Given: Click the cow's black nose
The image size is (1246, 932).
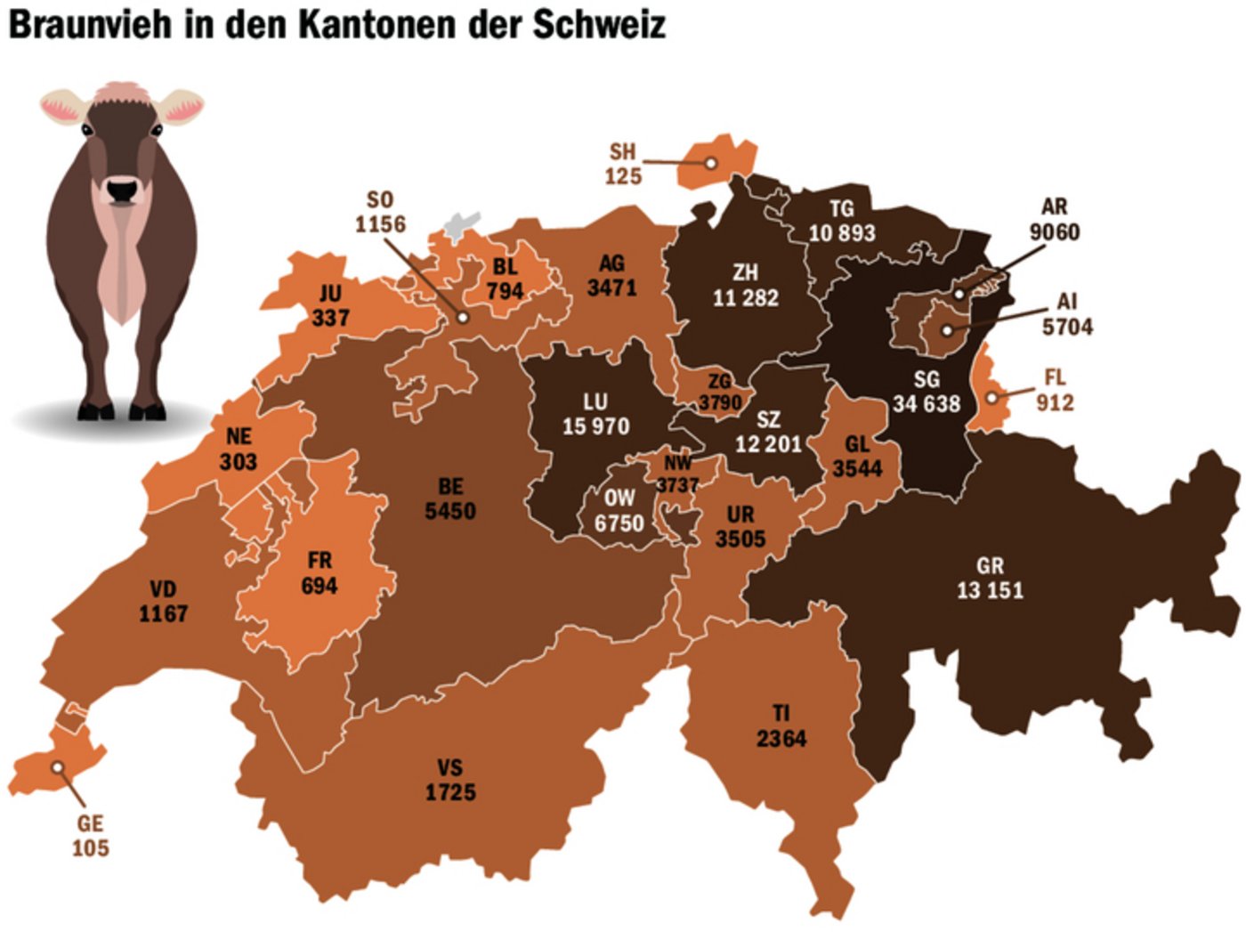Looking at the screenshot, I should [122, 190].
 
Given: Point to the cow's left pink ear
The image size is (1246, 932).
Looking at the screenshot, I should [61, 107].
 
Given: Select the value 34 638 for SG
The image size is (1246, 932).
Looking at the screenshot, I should [926, 404].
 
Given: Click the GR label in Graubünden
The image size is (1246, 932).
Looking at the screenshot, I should [990, 565].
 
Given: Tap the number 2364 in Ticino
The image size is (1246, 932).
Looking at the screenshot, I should [781, 739].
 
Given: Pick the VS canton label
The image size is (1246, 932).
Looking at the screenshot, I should [450, 767].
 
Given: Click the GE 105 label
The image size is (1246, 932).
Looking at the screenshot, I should [90, 836].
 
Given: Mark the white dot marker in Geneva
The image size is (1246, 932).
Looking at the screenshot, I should [58, 766].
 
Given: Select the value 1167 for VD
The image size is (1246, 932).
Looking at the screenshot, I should [163, 613].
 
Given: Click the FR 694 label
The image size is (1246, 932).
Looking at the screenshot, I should [320, 573].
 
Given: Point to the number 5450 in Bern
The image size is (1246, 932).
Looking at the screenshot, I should [450, 511].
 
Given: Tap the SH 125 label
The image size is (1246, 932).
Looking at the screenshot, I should [623, 164].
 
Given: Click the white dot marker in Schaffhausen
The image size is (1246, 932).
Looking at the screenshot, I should [711, 163].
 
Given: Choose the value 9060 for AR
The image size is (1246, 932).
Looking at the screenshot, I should [1055, 232].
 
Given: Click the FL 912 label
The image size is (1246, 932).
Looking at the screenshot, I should [1055, 391].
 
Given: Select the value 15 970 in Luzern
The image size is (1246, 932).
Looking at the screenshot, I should [595, 426].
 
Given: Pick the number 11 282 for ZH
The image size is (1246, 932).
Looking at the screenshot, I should [745, 297].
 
